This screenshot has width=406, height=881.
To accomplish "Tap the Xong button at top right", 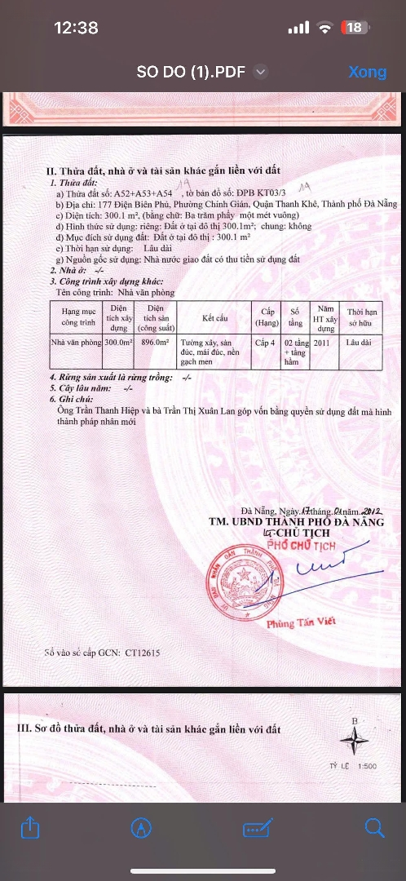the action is point(367,72).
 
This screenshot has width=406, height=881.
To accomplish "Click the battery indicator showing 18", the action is point(354,28).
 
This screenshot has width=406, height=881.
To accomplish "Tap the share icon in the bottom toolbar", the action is point(29,827).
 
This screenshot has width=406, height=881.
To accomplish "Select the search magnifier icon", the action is point(374,827).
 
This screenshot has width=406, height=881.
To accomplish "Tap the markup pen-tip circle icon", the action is point(141,827).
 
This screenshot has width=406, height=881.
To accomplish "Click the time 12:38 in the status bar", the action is point(76,28).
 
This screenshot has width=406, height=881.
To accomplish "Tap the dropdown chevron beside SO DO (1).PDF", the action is point(260,72).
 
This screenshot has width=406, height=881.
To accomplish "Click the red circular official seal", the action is point(239,580).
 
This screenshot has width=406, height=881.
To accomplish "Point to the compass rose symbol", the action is point(354,741).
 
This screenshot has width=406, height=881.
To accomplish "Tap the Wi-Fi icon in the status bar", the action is point(325,28).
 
